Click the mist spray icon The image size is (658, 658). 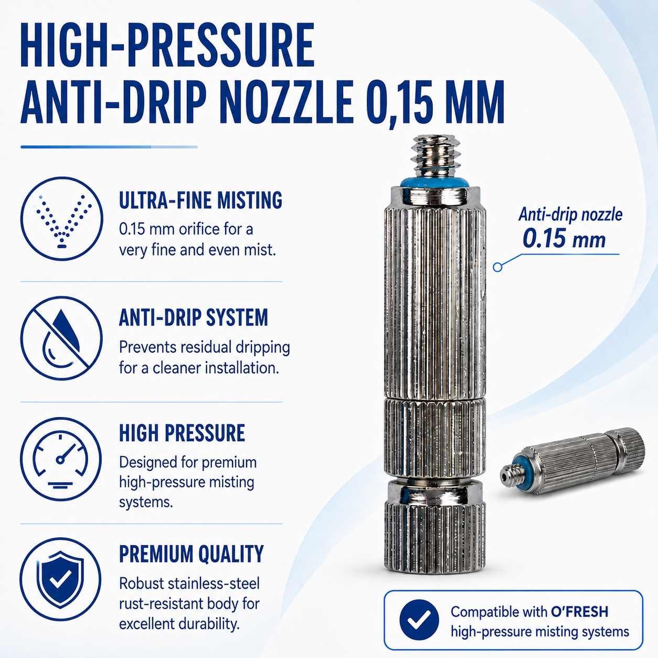coord(61,218)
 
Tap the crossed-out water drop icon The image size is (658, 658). coord(61,338)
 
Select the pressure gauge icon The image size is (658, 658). coord(61,459)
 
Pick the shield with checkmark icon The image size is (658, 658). coord(60,579)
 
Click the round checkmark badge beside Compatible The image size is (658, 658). coord(419,620)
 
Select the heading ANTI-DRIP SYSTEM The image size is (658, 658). coord(193,317)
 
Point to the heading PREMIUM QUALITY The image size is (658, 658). coord(191,554)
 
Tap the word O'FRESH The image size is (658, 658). coord(579,611)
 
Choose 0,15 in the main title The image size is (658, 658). coord(398,102)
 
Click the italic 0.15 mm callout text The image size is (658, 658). coord(564,239)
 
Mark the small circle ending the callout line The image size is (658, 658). coord(497,267)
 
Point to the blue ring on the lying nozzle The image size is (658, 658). coord(519,470)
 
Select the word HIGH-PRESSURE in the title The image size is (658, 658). coord(167,45)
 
